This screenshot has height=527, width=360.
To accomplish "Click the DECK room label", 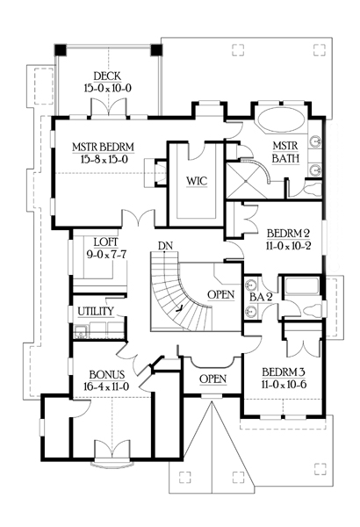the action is [x=107, y=76].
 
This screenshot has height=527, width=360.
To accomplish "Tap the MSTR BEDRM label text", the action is [x=104, y=148].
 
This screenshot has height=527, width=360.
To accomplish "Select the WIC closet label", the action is [x=197, y=181].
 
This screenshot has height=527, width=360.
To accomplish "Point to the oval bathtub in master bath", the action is [x=282, y=119].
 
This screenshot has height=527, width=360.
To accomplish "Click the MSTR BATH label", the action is [x=285, y=152].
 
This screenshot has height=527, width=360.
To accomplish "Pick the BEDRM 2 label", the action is [x=288, y=234].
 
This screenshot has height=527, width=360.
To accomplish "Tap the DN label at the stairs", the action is [x=165, y=246].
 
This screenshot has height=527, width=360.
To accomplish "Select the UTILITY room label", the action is [x=96, y=311].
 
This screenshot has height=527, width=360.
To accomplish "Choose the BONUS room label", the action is [x=107, y=374].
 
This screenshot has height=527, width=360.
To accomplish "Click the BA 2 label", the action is [x=261, y=297].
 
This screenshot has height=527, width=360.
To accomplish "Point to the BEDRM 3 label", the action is [x=284, y=372].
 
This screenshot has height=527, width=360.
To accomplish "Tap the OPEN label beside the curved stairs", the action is [x=221, y=294].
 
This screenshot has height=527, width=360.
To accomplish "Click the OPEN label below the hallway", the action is [x=212, y=379].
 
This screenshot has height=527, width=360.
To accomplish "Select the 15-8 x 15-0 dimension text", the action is [x=104, y=159].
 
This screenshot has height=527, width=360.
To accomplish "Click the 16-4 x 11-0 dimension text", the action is [x=106, y=386].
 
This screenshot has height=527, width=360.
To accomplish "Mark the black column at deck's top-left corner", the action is [x=61, y=50].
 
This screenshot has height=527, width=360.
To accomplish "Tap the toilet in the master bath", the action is [x=311, y=188].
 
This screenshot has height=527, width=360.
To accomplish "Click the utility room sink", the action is [x=80, y=331].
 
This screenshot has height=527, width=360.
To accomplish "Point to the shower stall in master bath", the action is [x=246, y=180].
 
